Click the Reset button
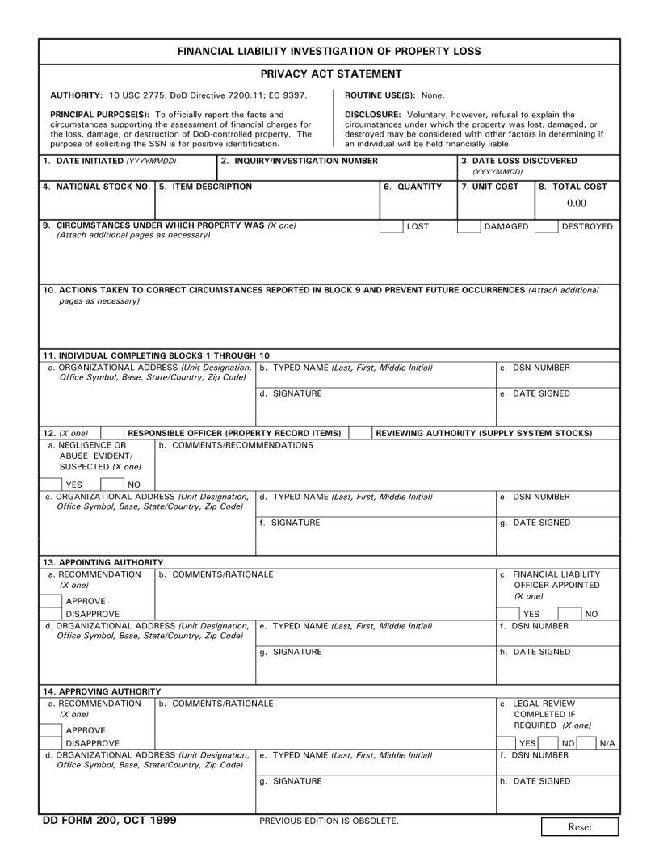[579, 826]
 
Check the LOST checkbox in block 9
[392, 226]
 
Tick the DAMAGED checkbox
[468, 226]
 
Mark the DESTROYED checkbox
[547, 226]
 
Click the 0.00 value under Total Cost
[577, 204]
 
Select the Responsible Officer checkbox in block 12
[112, 433]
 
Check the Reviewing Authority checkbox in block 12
[360, 433]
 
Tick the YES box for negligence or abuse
[52, 484]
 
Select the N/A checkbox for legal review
[588, 742]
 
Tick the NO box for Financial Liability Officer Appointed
[569, 613]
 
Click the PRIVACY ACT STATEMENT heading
[330, 74]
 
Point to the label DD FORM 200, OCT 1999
[109, 821]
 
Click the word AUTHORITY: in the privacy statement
[76, 95]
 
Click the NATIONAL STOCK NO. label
[96, 187]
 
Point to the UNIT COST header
[489, 187]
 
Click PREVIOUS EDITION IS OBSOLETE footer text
[329, 821]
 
